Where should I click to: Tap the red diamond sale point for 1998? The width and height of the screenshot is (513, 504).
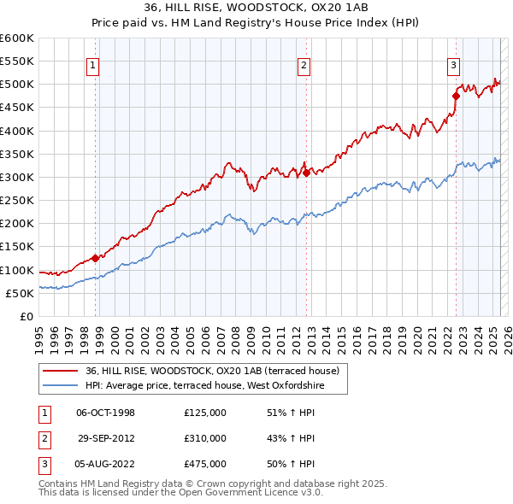click(x=96, y=257)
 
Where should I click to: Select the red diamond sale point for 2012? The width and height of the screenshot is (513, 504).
click(x=306, y=172)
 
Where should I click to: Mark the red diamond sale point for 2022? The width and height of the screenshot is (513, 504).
click(x=456, y=96)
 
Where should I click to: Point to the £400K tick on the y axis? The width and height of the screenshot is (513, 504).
click(x=17, y=131)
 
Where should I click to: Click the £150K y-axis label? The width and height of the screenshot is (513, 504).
click(x=17, y=247)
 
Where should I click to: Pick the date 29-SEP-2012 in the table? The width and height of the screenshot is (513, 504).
click(x=106, y=438)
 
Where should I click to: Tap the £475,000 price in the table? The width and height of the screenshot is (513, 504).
click(x=204, y=464)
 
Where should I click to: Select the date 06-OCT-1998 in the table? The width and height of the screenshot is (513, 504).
click(x=106, y=413)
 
